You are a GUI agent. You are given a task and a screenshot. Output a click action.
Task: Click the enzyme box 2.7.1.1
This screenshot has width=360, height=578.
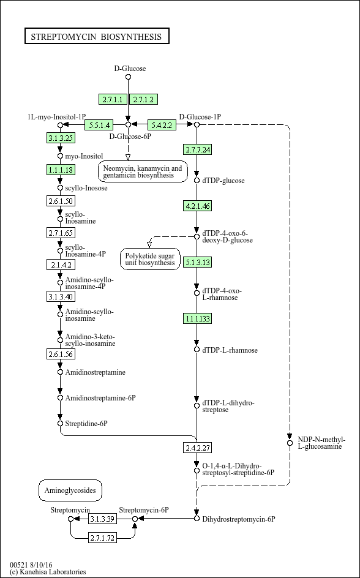point(113,99)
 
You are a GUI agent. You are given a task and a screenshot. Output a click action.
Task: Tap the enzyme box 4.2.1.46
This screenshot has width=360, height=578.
point(198,206)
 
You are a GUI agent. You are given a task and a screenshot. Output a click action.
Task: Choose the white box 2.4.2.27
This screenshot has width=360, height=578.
point(198,448)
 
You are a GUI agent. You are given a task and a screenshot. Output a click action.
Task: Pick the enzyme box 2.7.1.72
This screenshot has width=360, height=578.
point(102,538)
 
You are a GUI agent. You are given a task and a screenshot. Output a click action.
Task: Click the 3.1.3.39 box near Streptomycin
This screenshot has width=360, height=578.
point(103,519)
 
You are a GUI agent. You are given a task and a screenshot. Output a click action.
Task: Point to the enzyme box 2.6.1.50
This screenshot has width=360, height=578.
point(61,201)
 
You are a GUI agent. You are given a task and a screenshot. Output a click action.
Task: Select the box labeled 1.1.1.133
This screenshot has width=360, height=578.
point(198,318)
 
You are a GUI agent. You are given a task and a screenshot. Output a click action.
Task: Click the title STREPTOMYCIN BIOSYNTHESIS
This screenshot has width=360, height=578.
point(97,36)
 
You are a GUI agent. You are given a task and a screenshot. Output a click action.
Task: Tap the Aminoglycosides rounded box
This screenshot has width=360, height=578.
point(70,490)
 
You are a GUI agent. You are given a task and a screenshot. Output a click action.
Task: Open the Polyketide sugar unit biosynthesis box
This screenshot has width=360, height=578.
point(151,259)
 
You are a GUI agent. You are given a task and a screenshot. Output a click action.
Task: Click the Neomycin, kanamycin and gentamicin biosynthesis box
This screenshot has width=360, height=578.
point(143,171)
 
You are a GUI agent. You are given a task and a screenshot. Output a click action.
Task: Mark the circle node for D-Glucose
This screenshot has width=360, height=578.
point(128,77)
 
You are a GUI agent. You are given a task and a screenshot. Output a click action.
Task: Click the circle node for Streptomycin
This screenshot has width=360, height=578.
point(71,519)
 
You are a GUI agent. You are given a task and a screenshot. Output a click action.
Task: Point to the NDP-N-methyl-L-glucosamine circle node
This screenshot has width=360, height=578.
point(290,443)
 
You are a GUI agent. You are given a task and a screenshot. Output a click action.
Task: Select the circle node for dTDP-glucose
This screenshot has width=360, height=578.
point(197,180)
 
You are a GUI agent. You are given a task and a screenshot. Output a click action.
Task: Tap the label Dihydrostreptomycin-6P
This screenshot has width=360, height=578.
point(239,519)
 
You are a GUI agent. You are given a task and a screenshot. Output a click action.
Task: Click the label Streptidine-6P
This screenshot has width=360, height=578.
point(86,424)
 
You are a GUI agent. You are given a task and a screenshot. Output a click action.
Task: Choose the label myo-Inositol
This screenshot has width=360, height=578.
point(84,156)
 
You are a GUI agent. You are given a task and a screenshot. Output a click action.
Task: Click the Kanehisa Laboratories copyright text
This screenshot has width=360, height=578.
point(48,572)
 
